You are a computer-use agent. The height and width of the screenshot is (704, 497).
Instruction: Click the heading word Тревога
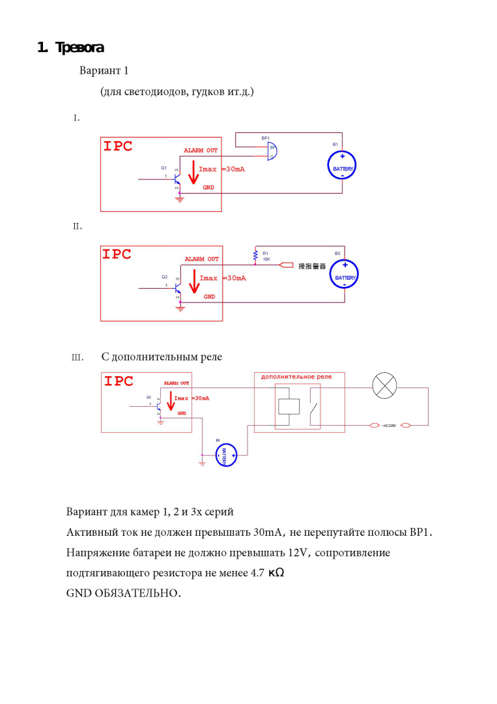(79, 48)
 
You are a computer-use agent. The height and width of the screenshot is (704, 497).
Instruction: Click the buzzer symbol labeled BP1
(272, 151)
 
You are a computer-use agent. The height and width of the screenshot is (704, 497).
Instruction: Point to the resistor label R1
(266, 253)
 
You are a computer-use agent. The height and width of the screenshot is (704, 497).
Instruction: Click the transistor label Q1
(163, 168)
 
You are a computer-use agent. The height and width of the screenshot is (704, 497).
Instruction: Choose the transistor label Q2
(164, 276)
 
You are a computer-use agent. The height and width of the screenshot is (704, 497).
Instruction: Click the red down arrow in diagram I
(191, 173)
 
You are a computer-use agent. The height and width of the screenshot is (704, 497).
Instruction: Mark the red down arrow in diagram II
(192, 283)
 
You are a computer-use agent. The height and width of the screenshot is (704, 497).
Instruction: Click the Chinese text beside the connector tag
(311, 266)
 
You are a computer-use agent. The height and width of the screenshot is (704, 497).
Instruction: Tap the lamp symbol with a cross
(384, 388)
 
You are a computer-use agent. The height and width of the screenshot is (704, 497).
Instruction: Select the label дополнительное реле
(296, 377)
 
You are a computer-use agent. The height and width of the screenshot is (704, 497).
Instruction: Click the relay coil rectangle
(289, 406)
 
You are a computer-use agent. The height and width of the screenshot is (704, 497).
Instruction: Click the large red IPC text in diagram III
(119, 381)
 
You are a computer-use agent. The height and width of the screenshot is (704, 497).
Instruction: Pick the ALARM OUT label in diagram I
(201, 151)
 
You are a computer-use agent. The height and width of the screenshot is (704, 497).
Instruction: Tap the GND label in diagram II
(209, 297)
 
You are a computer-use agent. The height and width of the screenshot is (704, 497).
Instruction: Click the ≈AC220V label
(389, 426)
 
